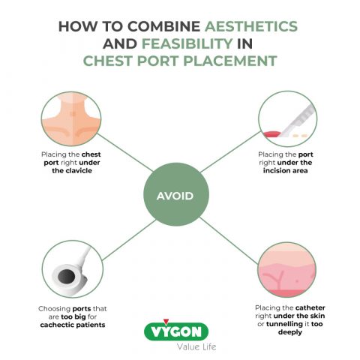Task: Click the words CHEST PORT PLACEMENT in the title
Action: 180,62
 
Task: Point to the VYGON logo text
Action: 180,331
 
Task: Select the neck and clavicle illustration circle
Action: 72,117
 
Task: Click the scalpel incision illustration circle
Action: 287,117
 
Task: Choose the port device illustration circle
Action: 72,271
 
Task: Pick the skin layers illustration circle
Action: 288,271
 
